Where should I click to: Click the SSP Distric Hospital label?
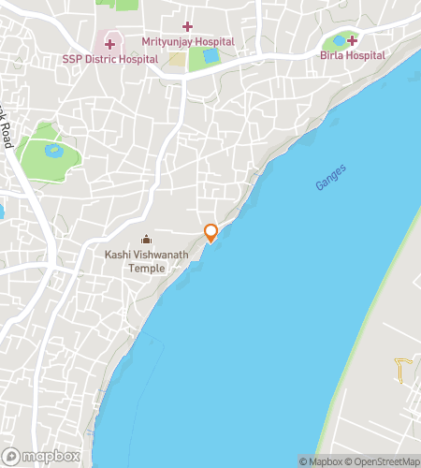click(x=109, y=58)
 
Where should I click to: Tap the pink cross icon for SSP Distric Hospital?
click(x=109, y=43)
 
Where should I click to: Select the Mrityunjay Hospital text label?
click(x=187, y=42)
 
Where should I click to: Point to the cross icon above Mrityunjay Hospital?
click(x=187, y=26)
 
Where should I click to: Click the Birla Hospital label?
click(x=353, y=55)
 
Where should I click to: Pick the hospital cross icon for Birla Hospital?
click(x=353, y=40)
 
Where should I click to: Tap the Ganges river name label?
click(x=330, y=178)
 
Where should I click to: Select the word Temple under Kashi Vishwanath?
click(x=147, y=268)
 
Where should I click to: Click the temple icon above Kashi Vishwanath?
click(x=145, y=239)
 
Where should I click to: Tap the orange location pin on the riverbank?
click(x=211, y=232)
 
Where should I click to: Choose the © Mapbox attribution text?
click(x=320, y=461)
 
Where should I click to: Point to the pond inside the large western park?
click(x=52, y=149)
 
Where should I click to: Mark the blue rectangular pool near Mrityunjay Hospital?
click(x=210, y=56)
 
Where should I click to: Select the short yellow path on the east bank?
click(x=401, y=371)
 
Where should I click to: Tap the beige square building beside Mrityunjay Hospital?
click(x=177, y=61)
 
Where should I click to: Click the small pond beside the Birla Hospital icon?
click(x=338, y=41)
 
